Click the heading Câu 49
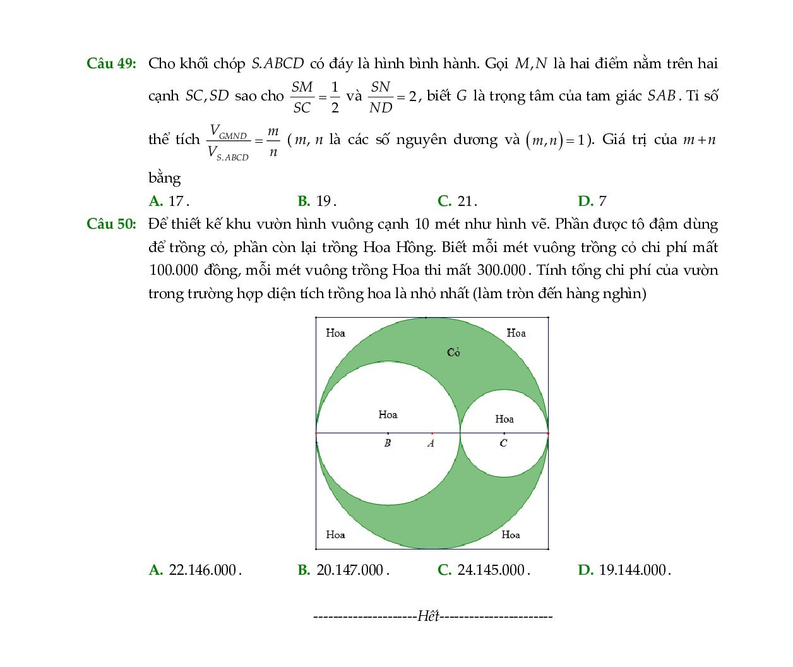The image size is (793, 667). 111,64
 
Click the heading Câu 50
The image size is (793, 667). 111,224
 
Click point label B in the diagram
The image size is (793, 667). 388,443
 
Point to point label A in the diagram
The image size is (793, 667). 431,443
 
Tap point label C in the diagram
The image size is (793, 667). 503,443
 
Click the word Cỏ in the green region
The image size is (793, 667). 453,352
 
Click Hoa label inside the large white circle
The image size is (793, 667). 388,415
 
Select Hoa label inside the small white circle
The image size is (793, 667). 504,419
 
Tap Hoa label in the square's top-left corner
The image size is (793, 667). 335,333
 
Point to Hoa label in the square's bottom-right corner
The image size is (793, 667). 511,535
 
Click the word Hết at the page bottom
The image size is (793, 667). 428,616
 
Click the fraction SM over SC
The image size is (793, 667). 302,97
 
